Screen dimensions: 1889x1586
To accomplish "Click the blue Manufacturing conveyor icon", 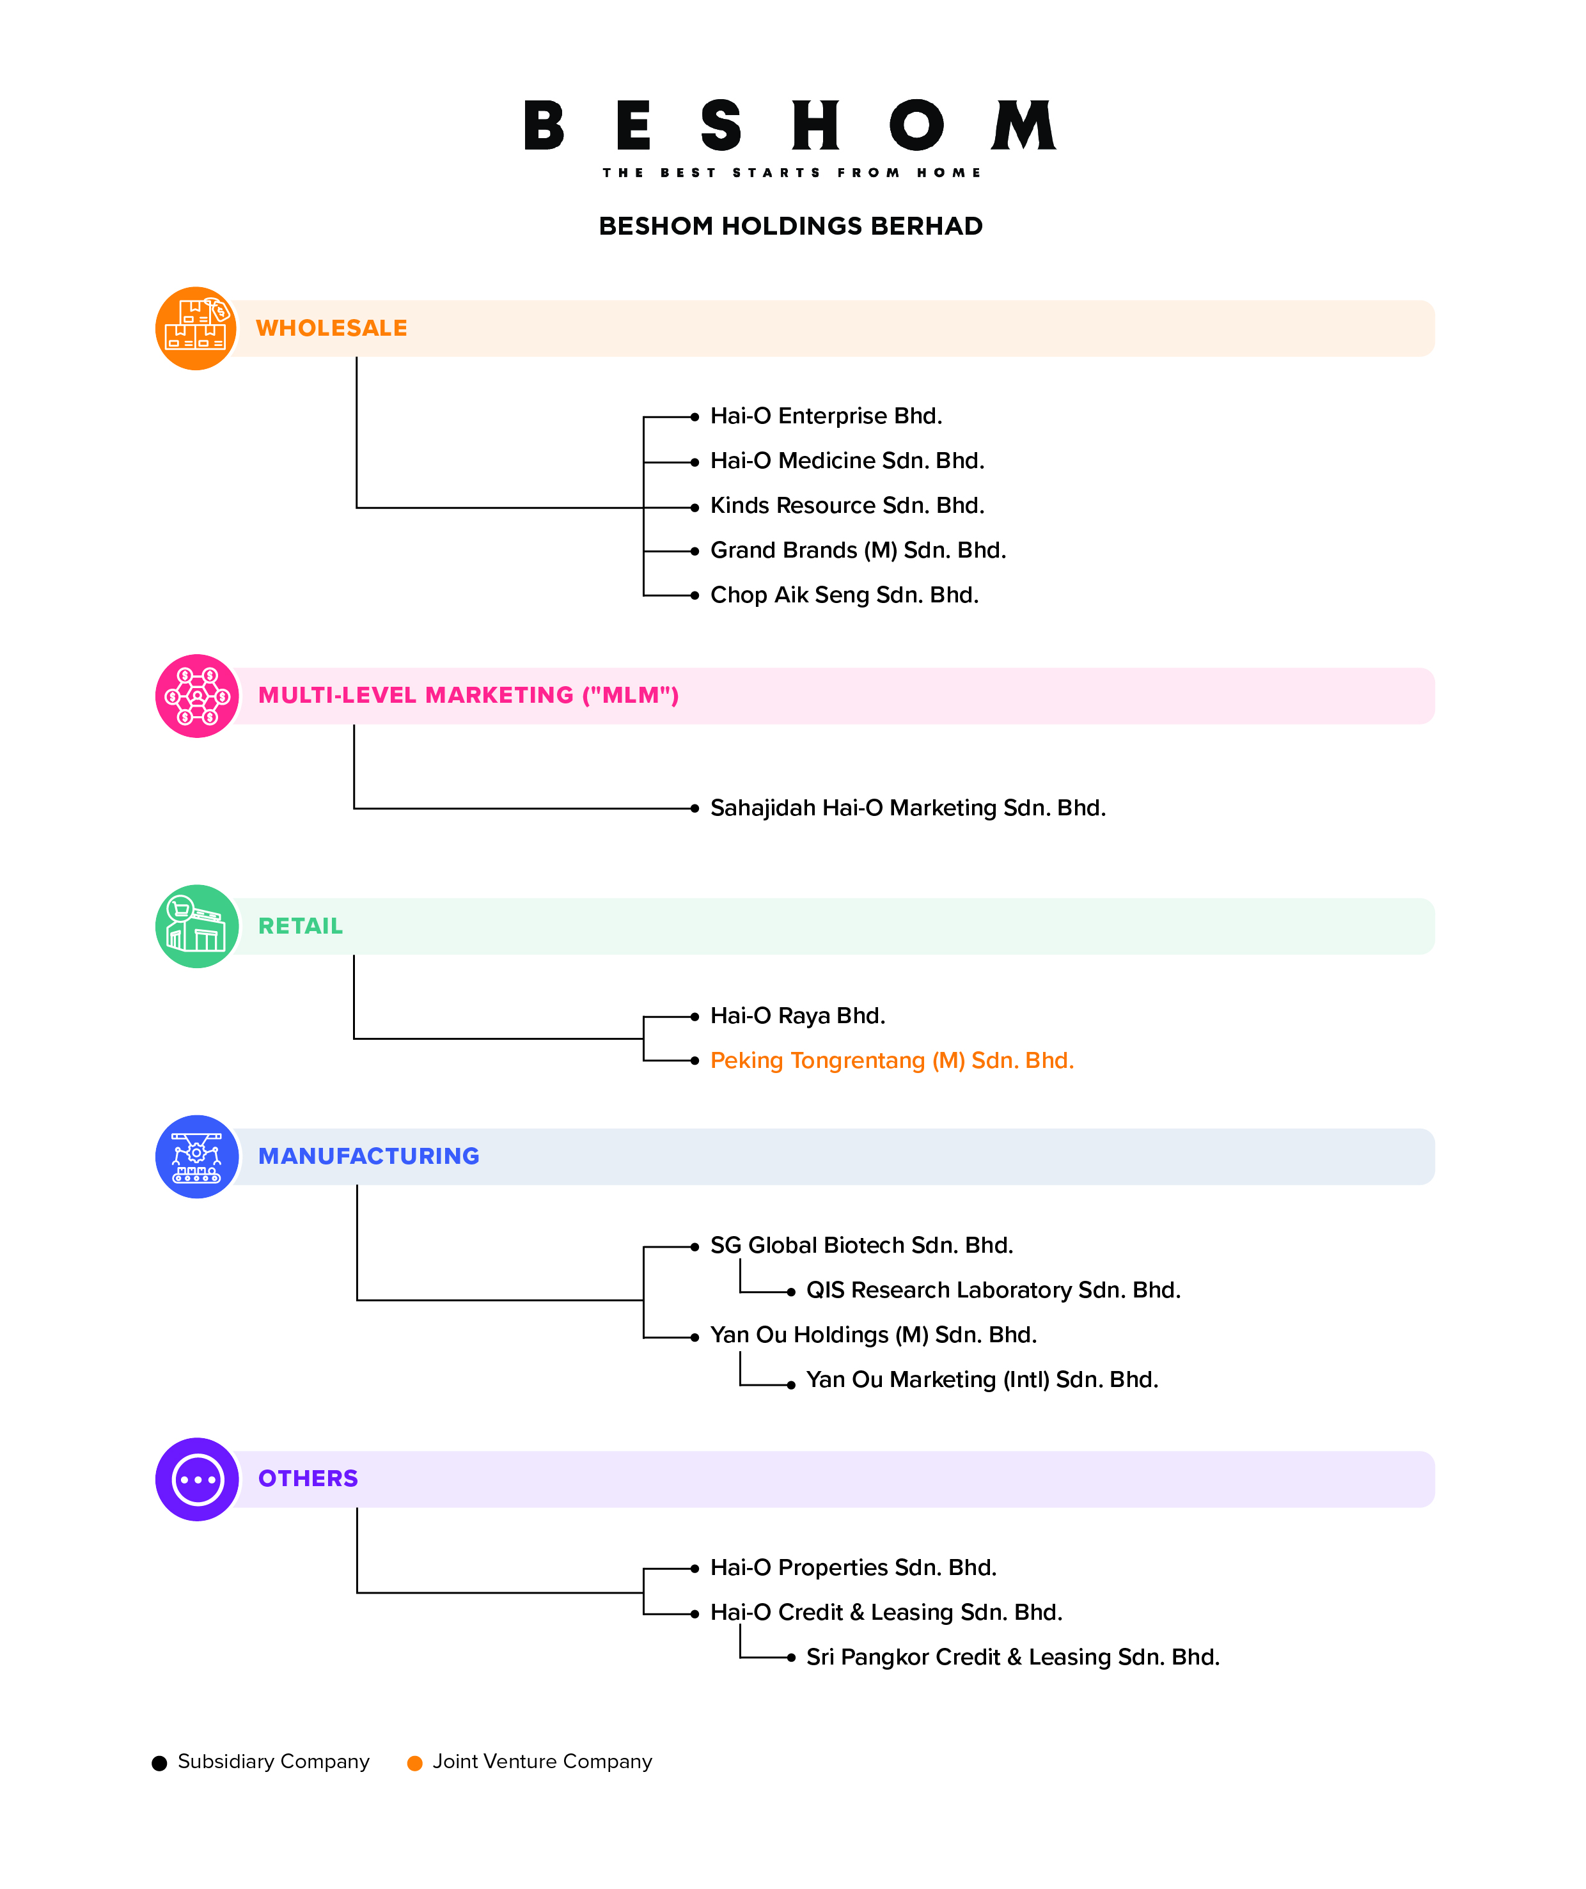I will pos(197,1156).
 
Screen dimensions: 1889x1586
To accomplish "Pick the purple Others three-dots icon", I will pos(197,1479).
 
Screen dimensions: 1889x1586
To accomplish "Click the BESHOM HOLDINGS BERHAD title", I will pos(790,226).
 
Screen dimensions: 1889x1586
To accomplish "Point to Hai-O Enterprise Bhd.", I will pos(826,416).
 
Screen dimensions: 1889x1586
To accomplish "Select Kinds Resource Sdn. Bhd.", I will pos(847,506).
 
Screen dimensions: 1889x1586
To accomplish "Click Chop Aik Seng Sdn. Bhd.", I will pos(844,595).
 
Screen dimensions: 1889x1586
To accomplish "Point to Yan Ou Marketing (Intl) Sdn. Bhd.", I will pos(982,1380).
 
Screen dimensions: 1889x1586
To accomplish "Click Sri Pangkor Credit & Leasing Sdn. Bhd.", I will pos(1012,1657).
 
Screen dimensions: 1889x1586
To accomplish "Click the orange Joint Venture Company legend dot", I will pos(414,1763).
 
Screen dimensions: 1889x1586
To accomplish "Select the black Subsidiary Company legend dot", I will pos(159,1763).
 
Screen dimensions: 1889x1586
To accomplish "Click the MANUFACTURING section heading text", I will pos(369,1156).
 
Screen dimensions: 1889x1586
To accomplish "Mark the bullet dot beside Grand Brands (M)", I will pos(695,551).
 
